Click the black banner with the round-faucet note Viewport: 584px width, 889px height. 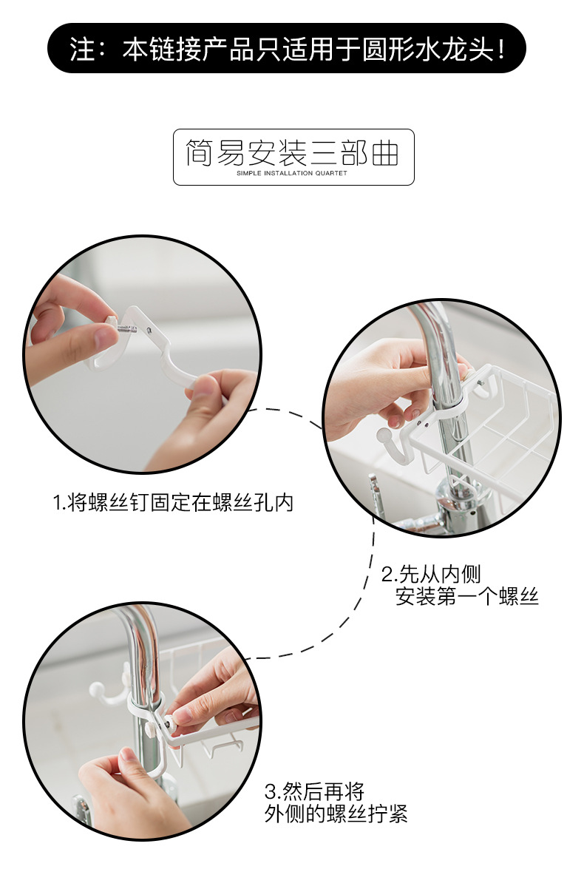[286, 48]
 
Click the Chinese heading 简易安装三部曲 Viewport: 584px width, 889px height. [293, 152]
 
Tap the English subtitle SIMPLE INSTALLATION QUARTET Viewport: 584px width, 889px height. [292, 173]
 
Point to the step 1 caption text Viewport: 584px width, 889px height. [174, 502]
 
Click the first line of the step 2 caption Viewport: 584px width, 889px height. [431, 574]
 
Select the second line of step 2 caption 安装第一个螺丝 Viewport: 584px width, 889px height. [467, 596]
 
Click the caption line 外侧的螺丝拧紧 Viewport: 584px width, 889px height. [336, 814]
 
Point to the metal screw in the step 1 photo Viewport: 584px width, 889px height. [127, 328]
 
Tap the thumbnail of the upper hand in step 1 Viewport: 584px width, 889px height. [105, 337]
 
